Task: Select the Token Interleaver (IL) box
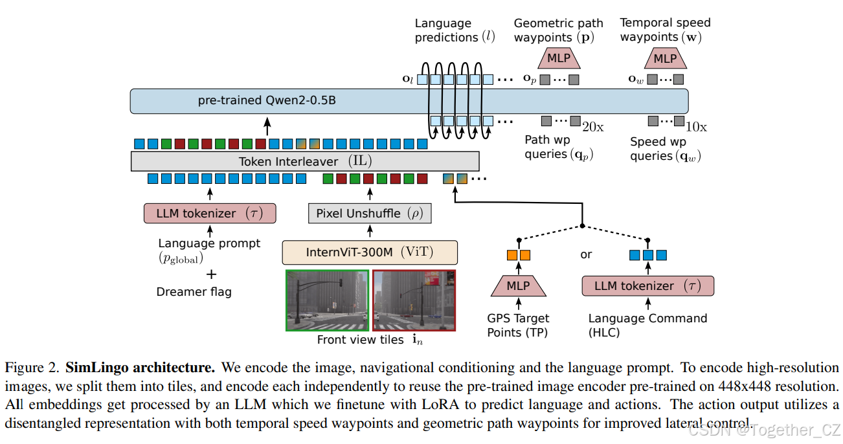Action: pyautogui.click(x=305, y=161)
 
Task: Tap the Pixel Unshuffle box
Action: pyautogui.click(x=370, y=214)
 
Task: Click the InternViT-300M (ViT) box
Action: pyautogui.click(x=370, y=252)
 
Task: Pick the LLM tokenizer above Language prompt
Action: pyautogui.click(x=210, y=213)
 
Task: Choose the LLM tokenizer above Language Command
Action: pyautogui.click(x=647, y=286)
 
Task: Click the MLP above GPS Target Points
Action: pyautogui.click(x=518, y=285)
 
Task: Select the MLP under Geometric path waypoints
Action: pyautogui.click(x=559, y=58)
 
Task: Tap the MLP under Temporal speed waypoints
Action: pyautogui.click(x=665, y=58)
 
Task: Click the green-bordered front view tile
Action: pyautogui.click(x=328, y=300)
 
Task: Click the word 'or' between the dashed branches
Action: pyautogui.click(x=586, y=254)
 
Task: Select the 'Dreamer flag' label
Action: pyautogui.click(x=194, y=292)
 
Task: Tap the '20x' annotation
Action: pyautogui.click(x=593, y=128)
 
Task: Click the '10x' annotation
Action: pyautogui.click(x=697, y=128)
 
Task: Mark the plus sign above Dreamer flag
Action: pyautogui.click(x=210, y=274)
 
